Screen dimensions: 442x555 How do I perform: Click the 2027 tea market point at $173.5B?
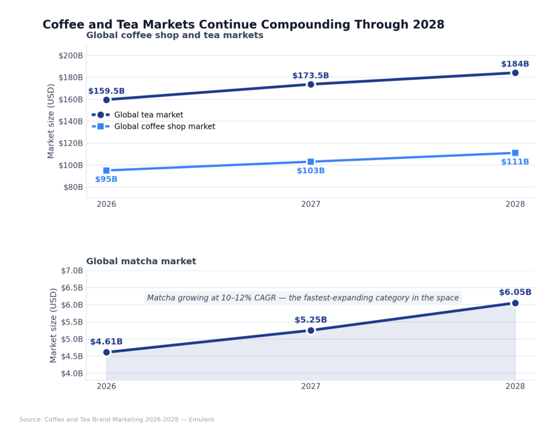[x=311, y=84]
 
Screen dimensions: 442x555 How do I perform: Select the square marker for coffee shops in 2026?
[x=106, y=170]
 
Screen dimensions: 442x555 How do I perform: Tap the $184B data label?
[x=515, y=64]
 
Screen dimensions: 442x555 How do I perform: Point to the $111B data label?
[x=515, y=162]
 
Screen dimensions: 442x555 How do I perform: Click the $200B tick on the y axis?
[x=70, y=55]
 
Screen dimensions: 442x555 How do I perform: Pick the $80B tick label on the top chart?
[x=73, y=187]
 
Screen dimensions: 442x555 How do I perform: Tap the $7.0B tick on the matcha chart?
[x=72, y=271]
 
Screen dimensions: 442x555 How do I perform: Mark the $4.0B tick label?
[x=72, y=374]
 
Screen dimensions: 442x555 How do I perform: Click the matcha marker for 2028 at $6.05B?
[x=515, y=303]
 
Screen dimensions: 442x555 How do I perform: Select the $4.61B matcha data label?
[x=106, y=342]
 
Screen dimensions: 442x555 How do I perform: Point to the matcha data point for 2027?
[x=311, y=330]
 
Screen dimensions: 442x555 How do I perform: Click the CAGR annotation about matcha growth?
[x=303, y=298]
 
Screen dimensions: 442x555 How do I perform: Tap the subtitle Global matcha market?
[x=141, y=261]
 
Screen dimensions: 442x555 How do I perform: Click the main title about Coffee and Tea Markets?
[x=243, y=24]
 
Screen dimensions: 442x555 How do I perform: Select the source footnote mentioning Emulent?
[x=117, y=420]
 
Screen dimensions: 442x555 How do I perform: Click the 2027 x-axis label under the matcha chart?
[x=311, y=387]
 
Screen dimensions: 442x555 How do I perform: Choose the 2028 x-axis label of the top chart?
[x=515, y=204]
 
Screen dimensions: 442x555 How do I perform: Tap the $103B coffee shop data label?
[x=311, y=171]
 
